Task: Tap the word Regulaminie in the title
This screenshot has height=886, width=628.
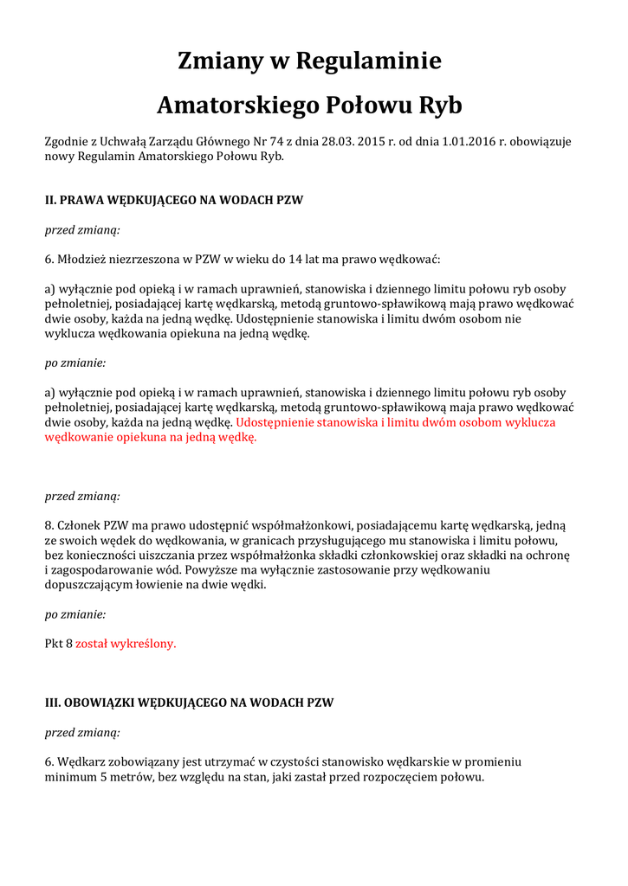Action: [x=369, y=61]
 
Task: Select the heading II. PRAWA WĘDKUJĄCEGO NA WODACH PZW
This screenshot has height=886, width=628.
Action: [x=173, y=200]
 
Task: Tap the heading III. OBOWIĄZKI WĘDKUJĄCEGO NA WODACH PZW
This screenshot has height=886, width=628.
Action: [x=189, y=703]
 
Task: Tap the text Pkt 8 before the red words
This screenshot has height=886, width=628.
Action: [x=58, y=644]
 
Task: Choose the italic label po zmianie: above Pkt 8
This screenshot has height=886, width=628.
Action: [x=75, y=614]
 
